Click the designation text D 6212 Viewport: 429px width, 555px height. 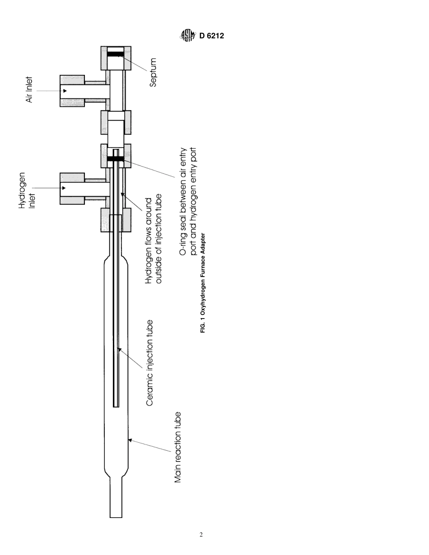[x=211, y=36]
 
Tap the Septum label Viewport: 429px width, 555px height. [x=153, y=72]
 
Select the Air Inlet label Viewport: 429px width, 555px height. [x=29, y=90]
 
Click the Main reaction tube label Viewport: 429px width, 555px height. [x=178, y=447]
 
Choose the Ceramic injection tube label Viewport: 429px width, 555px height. [x=150, y=363]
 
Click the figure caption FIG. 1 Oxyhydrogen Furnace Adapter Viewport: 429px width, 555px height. [x=203, y=283]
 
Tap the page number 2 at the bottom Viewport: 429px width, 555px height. [x=201, y=535]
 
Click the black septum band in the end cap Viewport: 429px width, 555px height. [x=116, y=54]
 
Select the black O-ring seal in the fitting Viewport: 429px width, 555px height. [x=116, y=159]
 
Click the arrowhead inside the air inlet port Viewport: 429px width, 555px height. [x=65, y=91]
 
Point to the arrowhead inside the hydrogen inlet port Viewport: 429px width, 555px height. [x=64, y=188]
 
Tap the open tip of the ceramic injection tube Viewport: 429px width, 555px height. [x=116, y=405]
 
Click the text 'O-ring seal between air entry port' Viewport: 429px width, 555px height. [x=183, y=201]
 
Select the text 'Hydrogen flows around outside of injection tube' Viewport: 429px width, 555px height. [x=153, y=239]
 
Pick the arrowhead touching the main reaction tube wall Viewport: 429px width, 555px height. [x=130, y=440]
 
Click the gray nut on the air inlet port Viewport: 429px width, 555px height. [x=72, y=91]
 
